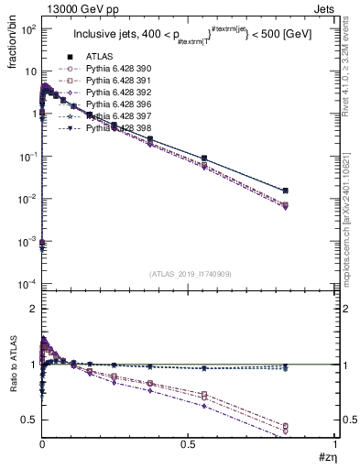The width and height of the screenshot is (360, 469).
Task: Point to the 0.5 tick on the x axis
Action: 189,445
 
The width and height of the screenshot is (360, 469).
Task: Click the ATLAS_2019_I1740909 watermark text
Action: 190,274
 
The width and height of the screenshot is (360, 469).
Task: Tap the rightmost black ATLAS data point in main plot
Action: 312,191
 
